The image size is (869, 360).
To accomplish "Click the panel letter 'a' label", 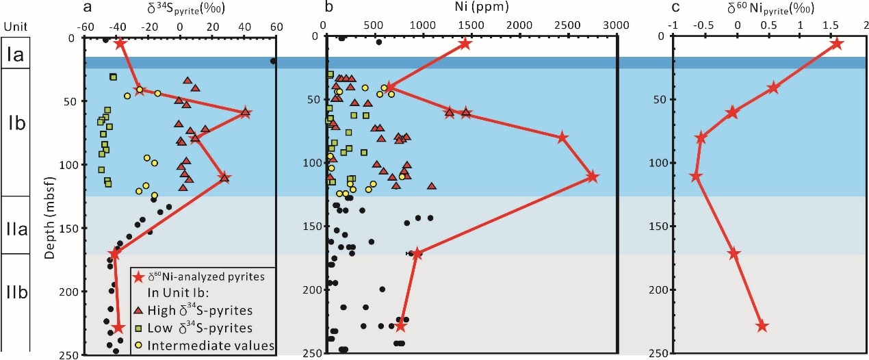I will [87, 8].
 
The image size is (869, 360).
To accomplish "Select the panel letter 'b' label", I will [329, 8].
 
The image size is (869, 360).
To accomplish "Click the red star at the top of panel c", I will [836, 44].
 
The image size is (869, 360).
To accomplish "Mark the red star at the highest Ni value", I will [593, 177].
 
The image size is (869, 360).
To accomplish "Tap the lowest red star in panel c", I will [762, 326].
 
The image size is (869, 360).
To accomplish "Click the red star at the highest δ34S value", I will [246, 114].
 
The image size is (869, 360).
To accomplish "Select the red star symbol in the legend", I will [140, 277].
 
